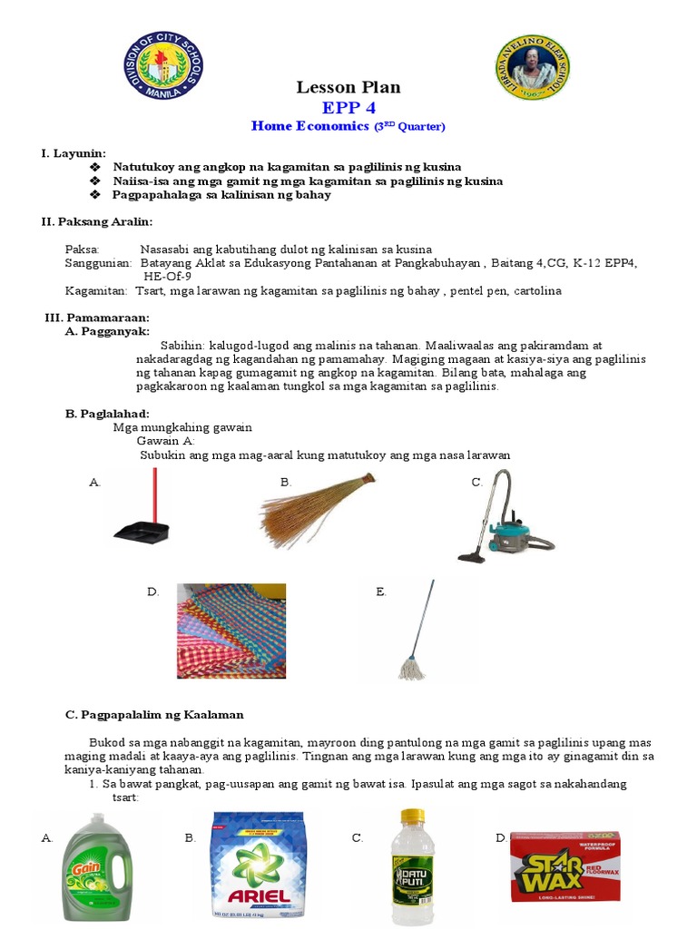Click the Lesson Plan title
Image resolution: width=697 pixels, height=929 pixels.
[348, 87]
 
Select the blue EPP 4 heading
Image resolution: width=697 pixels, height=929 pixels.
[348, 108]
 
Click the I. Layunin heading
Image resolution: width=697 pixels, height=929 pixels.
[74, 152]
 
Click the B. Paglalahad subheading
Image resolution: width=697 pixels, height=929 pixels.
[106, 414]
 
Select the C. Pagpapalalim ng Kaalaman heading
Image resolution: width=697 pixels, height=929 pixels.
[154, 715]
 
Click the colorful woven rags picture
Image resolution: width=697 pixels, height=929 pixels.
[231, 631]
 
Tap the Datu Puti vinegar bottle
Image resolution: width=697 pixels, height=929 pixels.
[412, 866]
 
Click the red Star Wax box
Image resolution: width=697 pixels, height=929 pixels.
[564, 865]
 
